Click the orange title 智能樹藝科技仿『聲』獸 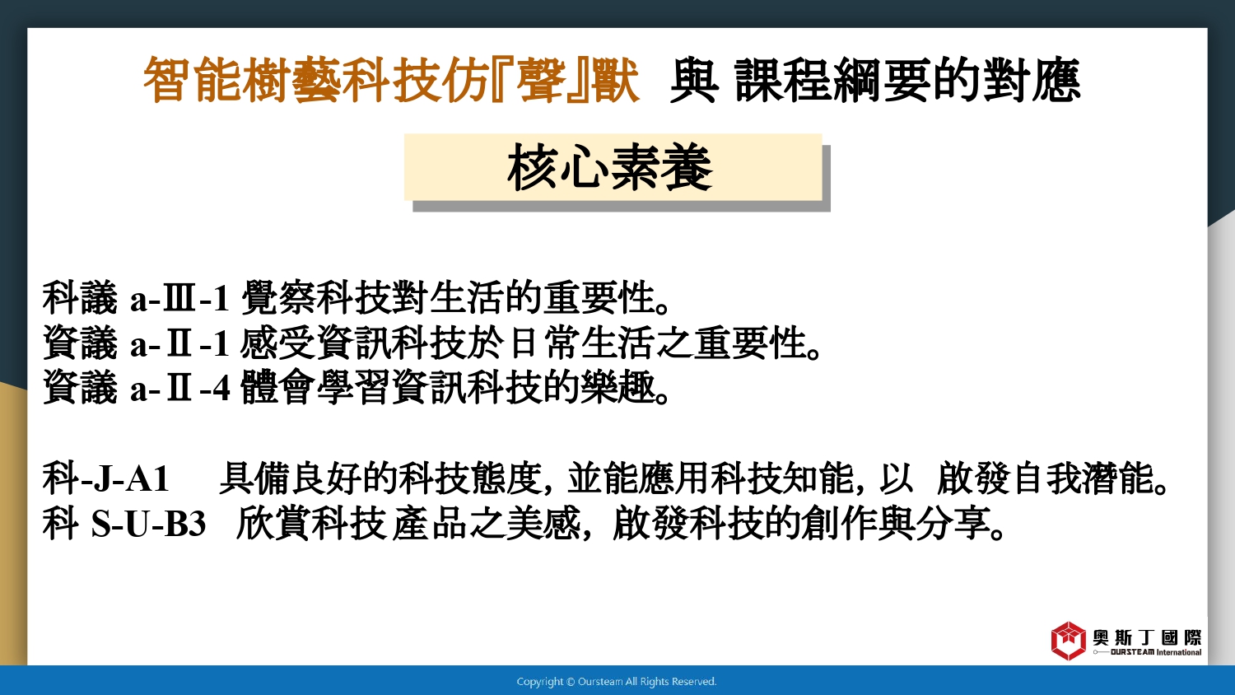(391, 81)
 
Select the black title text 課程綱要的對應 (907, 81)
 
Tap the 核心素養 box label (610, 168)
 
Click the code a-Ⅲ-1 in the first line (179, 298)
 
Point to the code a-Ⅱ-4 (179, 387)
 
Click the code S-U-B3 (148, 524)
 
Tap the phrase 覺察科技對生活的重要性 (455, 298)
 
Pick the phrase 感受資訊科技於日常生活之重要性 (530, 343)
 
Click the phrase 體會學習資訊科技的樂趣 (455, 387)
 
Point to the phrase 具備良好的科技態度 (380, 478)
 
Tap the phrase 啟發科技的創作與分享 (809, 523)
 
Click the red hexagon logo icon (1068, 641)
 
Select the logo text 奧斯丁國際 (1147, 637)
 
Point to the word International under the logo (1179, 652)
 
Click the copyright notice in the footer (617, 682)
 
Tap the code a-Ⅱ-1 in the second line (179, 343)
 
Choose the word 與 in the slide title (694, 81)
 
